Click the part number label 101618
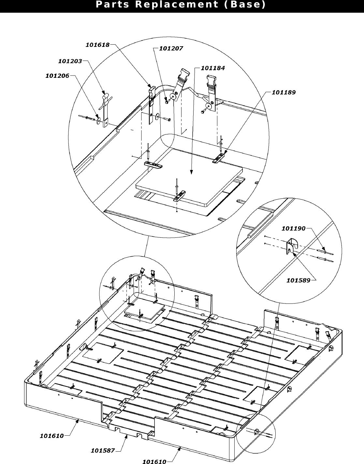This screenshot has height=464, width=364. (x=97, y=45)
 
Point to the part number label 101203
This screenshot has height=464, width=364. (x=70, y=61)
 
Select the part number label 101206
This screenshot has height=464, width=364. (x=57, y=76)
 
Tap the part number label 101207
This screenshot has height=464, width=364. (x=171, y=48)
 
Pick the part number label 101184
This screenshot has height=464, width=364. (x=213, y=68)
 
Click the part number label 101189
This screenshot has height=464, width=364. (x=284, y=92)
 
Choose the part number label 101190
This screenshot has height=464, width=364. (x=293, y=229)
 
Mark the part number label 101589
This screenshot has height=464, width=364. (x=298, y=280)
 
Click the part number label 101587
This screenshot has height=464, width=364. (x=103, y=451)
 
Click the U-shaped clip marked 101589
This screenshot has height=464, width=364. (x=291, y=246)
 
